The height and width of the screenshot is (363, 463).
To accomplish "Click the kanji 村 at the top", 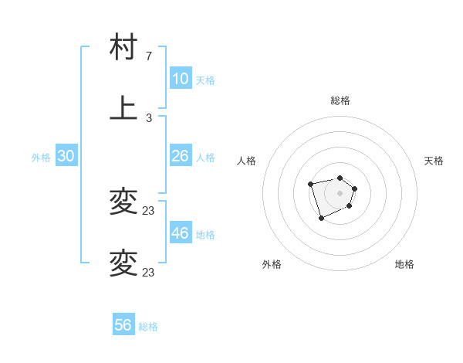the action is (x=123, y=48).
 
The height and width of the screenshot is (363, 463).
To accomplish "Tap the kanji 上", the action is (x=123, y=108).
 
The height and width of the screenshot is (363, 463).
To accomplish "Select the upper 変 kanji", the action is (x=123, y=202).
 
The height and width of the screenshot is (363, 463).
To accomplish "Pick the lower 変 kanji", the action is (x=123, y=263).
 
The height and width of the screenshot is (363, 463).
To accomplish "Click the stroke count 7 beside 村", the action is (x=149, y=56).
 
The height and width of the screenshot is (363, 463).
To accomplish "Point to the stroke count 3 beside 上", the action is (x=149, y=118).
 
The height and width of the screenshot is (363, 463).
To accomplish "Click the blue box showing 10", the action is (x=180, y=79).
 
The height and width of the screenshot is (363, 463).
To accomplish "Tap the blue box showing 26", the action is (x=180, y=156).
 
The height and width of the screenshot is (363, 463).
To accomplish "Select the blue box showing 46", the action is (x=180, y=233).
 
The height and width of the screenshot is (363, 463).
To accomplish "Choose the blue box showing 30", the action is (x=66, y=156).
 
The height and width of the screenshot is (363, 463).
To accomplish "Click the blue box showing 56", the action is (x=123, y=325).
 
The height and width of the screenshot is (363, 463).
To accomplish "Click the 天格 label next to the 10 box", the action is (x=204, y=80).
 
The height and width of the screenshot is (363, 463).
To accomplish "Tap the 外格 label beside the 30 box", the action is (x=41, y=158).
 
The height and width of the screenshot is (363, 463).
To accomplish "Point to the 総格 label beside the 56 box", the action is (x=148, y=327).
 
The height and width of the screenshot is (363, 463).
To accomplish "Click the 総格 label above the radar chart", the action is (x=340, y=100).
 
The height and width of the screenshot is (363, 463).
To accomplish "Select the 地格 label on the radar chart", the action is (x=404, y=264).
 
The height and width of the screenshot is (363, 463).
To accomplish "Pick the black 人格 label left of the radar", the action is (x=247, y=161).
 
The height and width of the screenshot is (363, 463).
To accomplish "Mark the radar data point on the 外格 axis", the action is (x=322, y=219).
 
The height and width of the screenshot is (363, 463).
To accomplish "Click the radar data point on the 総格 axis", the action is (x=340, y=178).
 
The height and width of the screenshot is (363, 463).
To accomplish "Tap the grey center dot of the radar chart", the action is (x=340, y=193).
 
